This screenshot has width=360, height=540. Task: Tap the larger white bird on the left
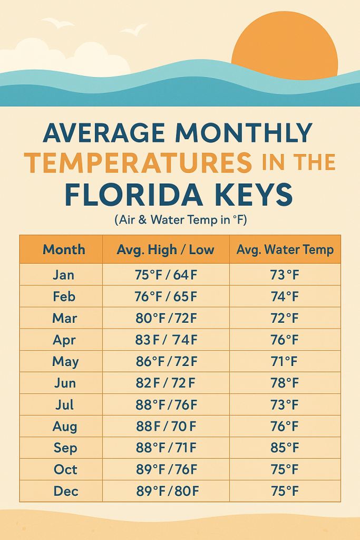[58, 23]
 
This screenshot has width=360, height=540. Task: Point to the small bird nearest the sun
[134, 30]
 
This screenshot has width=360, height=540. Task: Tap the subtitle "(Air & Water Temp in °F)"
[180, 220]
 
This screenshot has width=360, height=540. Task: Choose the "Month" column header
[64, 249]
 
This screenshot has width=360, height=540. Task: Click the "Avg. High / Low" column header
[166, 249]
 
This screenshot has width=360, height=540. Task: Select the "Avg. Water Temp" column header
[285, 249]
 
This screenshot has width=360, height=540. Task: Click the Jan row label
[64, 275]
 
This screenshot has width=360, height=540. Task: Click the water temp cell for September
[285, 448]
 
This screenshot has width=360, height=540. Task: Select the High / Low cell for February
[166, 296]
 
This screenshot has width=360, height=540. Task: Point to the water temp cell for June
[285, 383]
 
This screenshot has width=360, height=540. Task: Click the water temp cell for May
[285, 361]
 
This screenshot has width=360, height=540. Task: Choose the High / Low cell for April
[166, 340]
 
